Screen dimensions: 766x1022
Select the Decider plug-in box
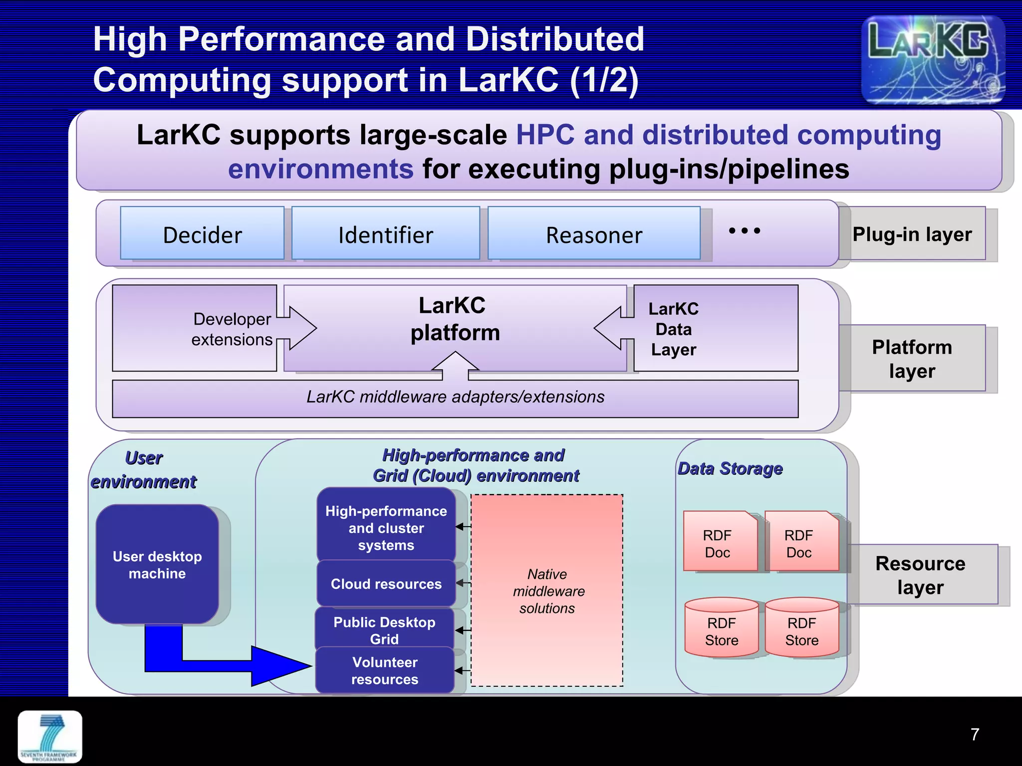point(202,234)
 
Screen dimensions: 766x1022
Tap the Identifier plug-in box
point(385,234)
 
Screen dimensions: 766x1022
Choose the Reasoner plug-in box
point(594,234)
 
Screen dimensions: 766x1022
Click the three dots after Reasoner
point(744,231)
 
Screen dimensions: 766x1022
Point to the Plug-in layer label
point(912,234)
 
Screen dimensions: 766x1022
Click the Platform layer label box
point(912,359)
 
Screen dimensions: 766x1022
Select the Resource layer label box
point(921,575)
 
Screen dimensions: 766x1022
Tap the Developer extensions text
point(232,329)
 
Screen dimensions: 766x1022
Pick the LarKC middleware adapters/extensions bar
point(455,397)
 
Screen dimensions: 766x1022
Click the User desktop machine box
point(157,565)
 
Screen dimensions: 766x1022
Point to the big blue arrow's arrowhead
point(282,666)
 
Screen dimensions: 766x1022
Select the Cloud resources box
point(386,584)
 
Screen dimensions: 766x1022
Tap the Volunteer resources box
point(385,671)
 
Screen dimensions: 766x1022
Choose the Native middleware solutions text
point(548,591)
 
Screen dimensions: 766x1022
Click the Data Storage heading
point(730,469)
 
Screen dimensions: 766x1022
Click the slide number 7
point(975,734)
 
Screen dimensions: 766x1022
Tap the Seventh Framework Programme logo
point(50,737)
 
